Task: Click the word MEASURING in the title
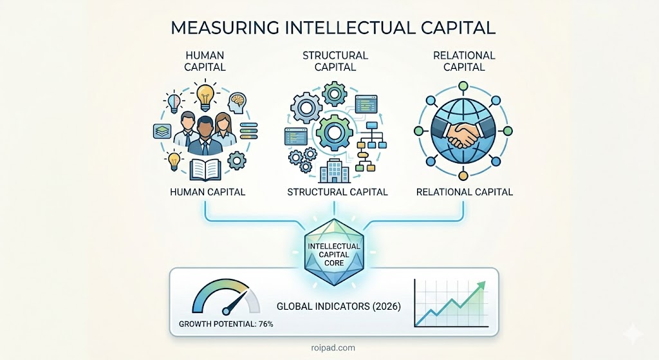[225, 27]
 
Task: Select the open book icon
[205, 169]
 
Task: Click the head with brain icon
[237, 103]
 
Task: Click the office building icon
[334, 171]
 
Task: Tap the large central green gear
[334, 133]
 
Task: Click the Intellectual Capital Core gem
[334, 252]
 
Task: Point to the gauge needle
[236, 301]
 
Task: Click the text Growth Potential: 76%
[226, 324]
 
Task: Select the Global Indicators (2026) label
[339, 306]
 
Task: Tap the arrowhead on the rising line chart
[480, 287]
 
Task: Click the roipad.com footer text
[334, 348]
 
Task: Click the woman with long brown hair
[223, 130]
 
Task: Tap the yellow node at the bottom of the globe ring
[463, 175]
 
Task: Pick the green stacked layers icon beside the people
[162, 131]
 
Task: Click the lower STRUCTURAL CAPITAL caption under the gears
[337, 192]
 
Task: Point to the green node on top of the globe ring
[463, 86]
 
